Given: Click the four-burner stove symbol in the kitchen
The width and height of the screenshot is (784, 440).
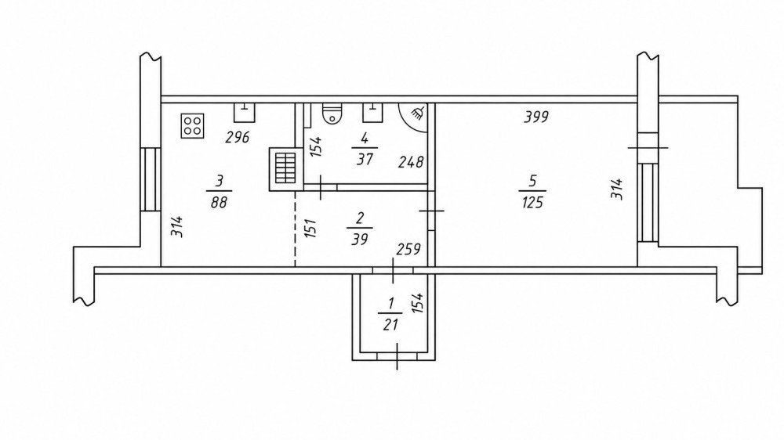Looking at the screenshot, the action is coord(193,126).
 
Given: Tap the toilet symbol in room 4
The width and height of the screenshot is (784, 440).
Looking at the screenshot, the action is coord(332,113).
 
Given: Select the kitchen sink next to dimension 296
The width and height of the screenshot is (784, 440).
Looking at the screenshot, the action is coord(245,113).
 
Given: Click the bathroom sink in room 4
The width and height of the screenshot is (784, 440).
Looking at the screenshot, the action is coord(372,113).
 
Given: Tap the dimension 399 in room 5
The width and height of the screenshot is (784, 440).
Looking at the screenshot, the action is coord(536,117).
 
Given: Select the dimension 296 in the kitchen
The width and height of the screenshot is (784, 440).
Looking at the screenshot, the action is coord(237,137).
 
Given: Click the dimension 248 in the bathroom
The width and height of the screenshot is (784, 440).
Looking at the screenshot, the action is coord(411,162).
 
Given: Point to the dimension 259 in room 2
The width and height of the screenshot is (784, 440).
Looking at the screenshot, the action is coord(408,249).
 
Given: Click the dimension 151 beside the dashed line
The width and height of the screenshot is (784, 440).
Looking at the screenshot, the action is coord(310,229).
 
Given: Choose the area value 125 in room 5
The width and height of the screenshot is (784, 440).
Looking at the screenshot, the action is coord(532,203).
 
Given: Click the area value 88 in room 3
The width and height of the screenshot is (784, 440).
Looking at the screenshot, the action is coord(219,202).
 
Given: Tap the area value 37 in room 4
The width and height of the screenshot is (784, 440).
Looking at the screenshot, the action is coord(365,159).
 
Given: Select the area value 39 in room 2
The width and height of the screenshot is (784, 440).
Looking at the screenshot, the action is coord(360,240).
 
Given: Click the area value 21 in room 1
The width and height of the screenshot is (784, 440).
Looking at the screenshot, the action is coord(390,325).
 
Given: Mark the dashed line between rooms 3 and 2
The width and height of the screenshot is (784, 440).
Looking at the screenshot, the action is coord(295,229).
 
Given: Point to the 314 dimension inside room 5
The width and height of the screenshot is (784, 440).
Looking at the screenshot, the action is coord(618,189).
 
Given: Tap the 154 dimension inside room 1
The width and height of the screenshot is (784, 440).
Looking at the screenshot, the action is coord(418,303).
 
